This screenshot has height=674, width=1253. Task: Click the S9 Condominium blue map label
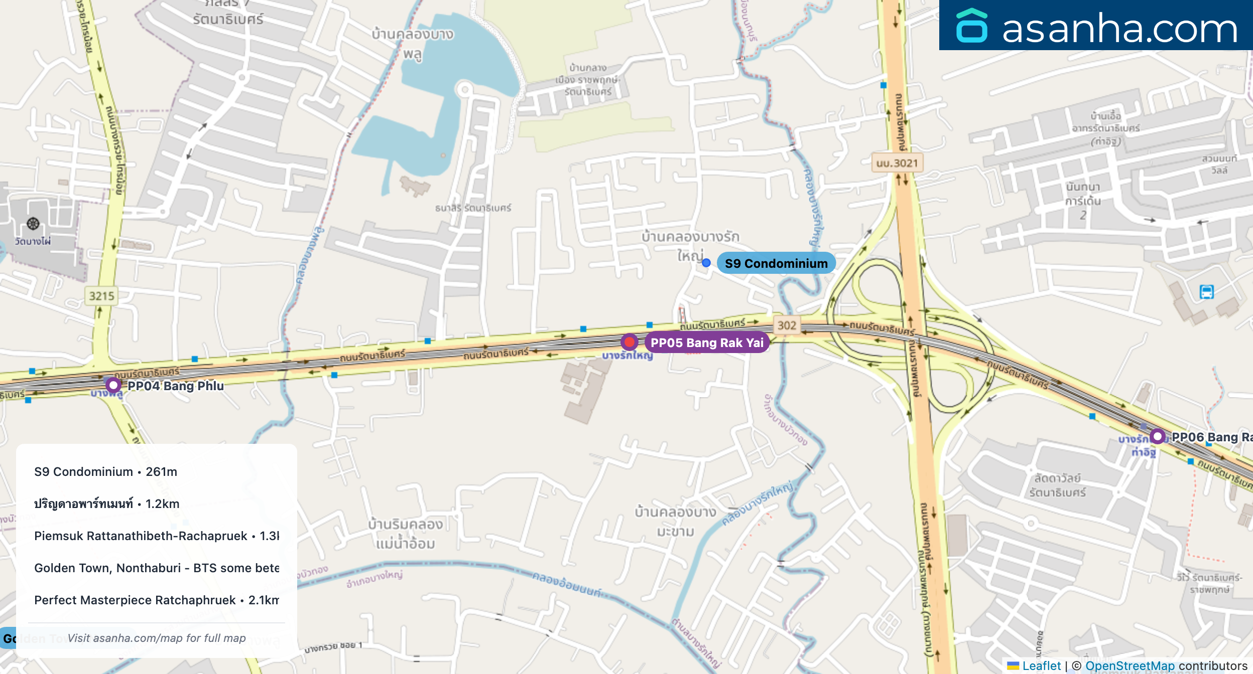[776, 263]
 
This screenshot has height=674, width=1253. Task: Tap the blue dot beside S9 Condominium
[706, 263]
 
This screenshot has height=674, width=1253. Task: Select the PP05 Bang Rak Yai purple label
[707, 343]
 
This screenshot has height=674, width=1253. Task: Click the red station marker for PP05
[629, 342]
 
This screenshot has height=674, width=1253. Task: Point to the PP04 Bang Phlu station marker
[113, 385]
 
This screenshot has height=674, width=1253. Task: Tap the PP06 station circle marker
[1158, 436]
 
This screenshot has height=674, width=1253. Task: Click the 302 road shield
[787, 325]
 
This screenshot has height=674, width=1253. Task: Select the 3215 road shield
[101, 296]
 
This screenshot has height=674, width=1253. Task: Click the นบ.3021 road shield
[897, 163]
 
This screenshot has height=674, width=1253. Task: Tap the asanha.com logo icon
[972, 26]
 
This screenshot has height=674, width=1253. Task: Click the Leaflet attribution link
[1041, 666]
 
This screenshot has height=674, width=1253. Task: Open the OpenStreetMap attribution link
[1130, 666]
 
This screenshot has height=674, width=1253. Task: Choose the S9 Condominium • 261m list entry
[106, 472]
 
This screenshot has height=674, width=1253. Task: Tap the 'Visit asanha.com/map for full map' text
[157, 638]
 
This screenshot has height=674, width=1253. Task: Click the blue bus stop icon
[1207, 291]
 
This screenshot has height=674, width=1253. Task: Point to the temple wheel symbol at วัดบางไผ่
[33, 224]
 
